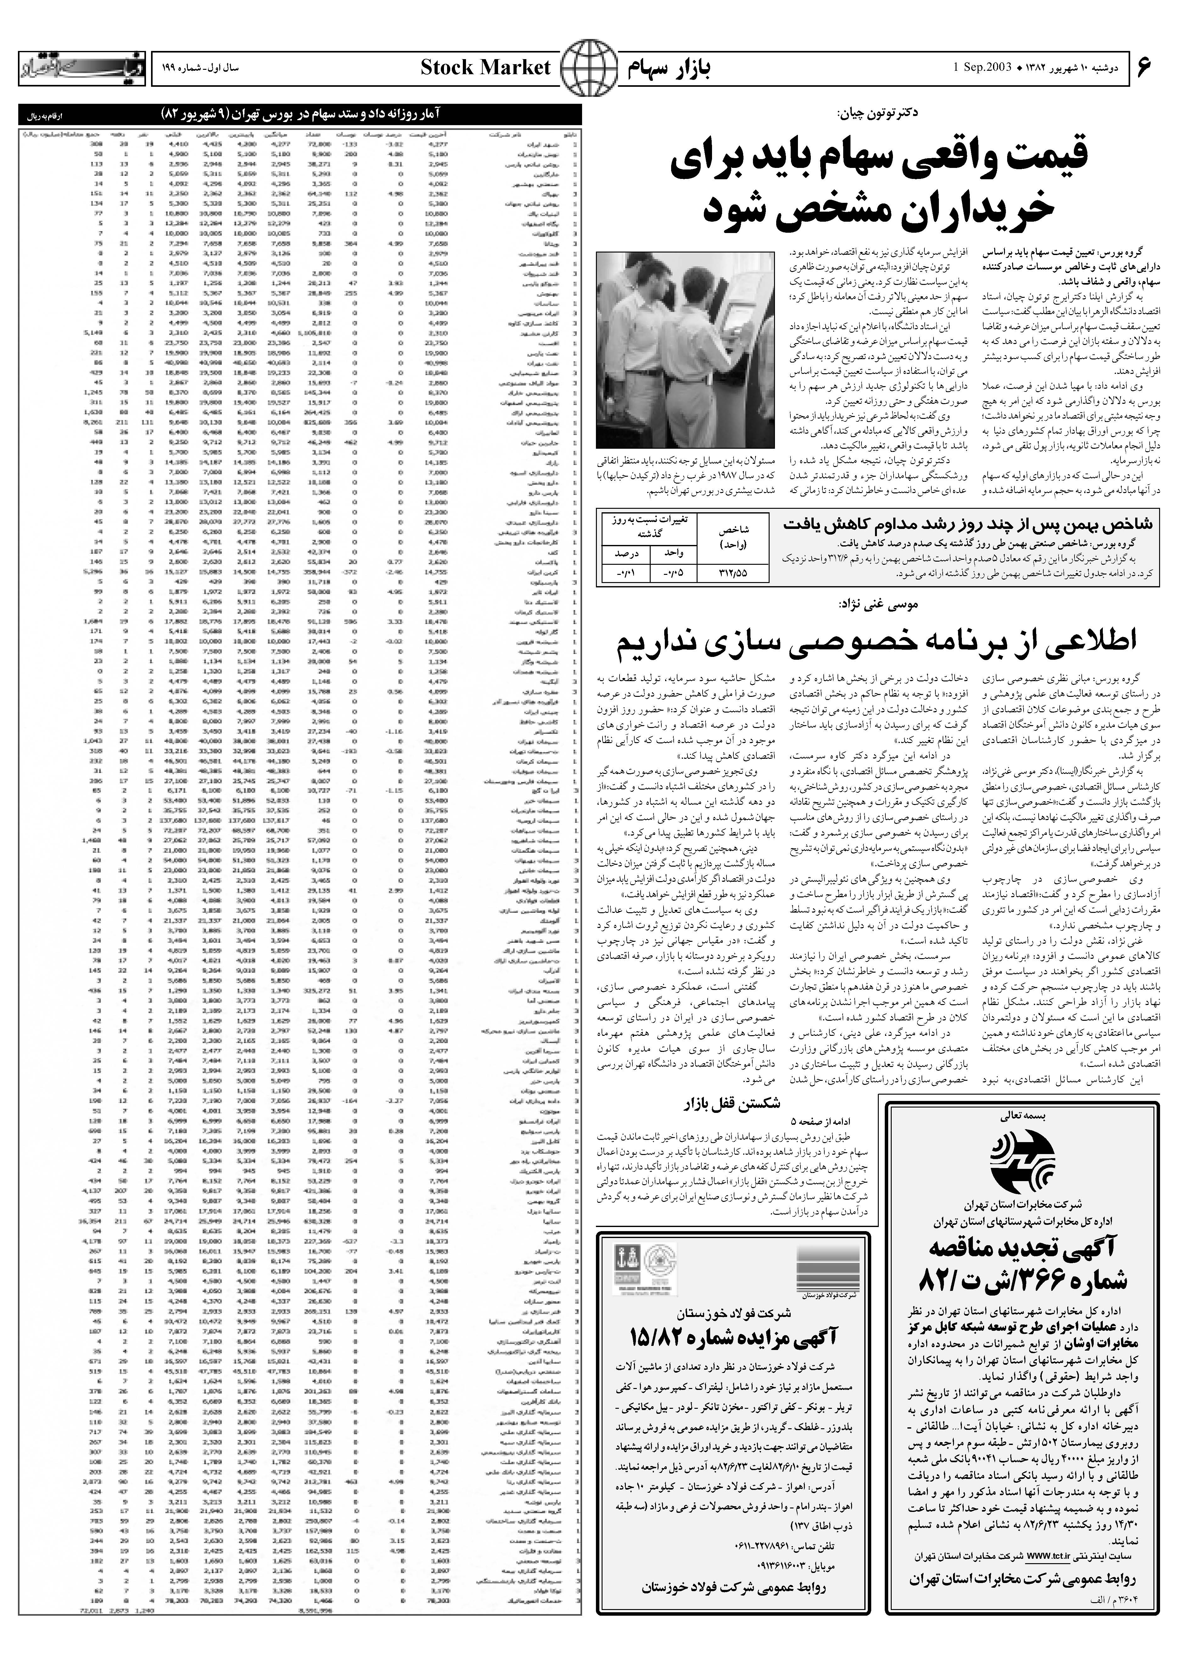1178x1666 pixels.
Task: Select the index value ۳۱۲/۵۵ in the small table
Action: pos(732,573)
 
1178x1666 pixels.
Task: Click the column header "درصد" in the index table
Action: pos(624,553)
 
